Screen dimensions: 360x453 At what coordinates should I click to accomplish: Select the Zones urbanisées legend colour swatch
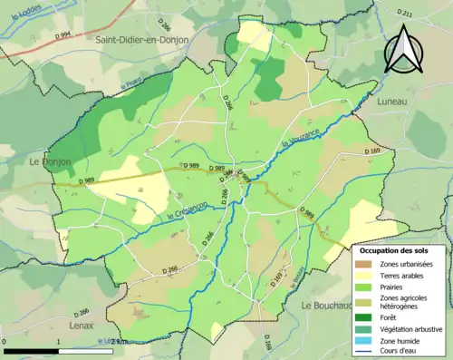coord(368,263)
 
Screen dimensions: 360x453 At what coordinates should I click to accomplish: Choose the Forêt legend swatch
coord(368,316)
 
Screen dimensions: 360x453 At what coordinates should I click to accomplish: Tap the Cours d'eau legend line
coord(368,350)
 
